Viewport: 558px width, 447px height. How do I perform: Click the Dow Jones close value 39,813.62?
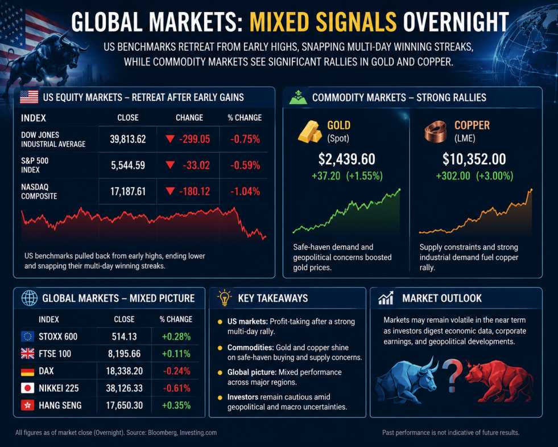coord(128,139)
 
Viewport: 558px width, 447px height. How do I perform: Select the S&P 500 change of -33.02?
coord(196,165)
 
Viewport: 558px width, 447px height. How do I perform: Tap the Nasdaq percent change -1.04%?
coord(245,192)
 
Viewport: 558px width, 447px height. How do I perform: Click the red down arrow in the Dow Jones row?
coord(170,138)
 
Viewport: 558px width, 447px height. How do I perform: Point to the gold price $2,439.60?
coord(346,159)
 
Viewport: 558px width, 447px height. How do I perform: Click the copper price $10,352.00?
coord(474,159)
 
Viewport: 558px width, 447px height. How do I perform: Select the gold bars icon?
coord(309,131)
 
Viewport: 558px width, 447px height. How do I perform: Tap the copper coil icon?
coord(436,131)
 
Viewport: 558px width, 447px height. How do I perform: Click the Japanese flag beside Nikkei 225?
coord(27,388)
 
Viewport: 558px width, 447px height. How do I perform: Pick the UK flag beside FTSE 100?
coord(27,354)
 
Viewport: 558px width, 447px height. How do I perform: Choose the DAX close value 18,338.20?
coord(124,371)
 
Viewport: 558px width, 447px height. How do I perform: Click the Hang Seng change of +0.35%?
coord(176,405)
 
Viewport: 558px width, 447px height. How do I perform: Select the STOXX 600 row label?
coord(58,337)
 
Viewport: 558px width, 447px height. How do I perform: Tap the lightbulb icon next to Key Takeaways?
coord(224,298)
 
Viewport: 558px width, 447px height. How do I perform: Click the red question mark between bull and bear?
coord(452,375)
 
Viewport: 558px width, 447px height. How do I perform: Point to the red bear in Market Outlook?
coord(498,381)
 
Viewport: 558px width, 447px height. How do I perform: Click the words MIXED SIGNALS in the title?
coord(323,22)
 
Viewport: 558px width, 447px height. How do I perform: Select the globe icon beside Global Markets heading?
coord(29,298)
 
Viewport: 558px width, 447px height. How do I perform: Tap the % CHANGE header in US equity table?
coord(245,117)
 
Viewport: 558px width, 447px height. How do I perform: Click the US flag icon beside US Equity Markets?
coord(29,97)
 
